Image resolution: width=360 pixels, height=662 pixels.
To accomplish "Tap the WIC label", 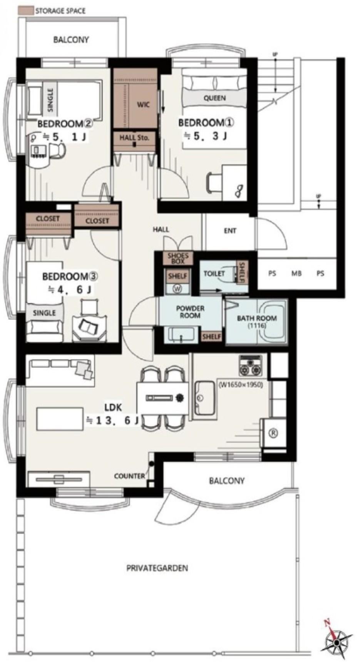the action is pos(143,104).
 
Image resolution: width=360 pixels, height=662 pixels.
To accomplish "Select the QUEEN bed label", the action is pos(214,98).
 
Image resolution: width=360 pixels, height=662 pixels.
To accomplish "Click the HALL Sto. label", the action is pos(134,137).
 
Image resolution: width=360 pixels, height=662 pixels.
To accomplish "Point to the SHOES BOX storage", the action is pos(178,258).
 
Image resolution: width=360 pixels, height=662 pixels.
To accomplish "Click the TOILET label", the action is pos(214,274).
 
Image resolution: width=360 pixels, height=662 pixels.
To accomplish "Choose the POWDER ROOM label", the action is pos(190,312).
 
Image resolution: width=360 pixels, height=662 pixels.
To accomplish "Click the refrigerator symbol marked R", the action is pos(273,433).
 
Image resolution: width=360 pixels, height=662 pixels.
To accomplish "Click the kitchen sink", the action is pos(204,398).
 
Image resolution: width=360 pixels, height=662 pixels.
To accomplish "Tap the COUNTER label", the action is pos(130,476).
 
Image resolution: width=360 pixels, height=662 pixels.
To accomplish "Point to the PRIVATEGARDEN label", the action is pos(157,568).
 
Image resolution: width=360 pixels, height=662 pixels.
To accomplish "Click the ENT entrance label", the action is pos(230,231).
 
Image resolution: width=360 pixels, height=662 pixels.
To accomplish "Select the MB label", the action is pos(296,274).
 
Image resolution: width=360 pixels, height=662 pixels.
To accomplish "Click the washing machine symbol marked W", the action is pos(177,289).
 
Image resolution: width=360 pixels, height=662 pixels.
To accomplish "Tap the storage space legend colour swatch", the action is pos(25,10).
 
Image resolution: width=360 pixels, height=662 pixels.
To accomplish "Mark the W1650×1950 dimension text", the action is pos(241,384).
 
